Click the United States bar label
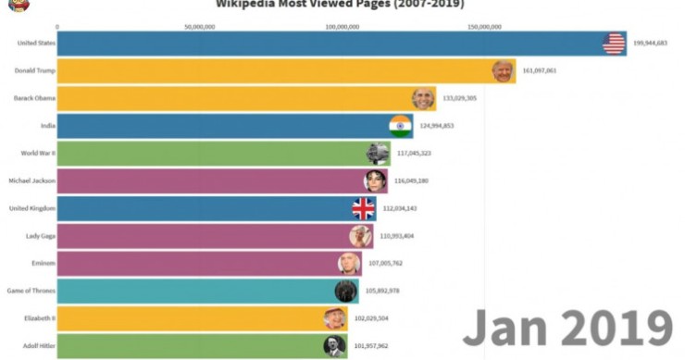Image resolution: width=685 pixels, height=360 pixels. click(36, 43)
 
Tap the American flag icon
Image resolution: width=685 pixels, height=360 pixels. click(614, 43)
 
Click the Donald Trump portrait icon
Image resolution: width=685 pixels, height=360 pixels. click(503, 71)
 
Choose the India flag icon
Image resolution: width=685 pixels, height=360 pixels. click(401, 126)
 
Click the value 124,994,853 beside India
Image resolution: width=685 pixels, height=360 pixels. click(437, 126)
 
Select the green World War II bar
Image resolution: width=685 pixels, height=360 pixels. click(213, 153)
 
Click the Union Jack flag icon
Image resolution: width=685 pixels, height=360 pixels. click(364, 207)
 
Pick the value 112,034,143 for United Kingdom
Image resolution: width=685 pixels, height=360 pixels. click(400, 208)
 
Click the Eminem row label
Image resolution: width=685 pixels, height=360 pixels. click(44, 263)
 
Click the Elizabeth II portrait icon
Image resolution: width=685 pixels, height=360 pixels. click(334, 318)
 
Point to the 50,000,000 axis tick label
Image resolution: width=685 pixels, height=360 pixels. click(200, 27)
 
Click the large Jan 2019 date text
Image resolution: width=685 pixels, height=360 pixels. click(567, 328)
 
